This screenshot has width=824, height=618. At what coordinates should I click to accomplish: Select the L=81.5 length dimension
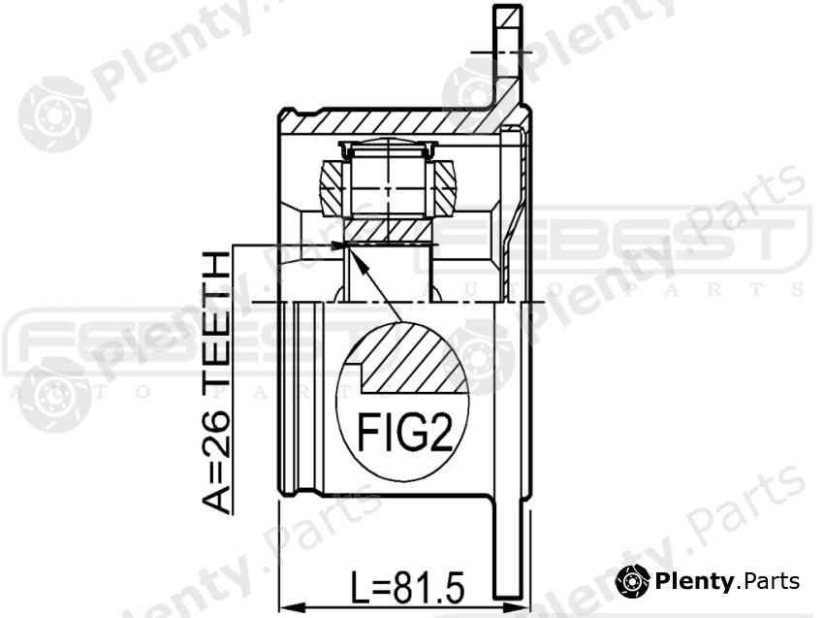pos(407,585)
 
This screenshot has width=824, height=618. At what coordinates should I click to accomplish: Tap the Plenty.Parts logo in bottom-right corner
pos(709,580)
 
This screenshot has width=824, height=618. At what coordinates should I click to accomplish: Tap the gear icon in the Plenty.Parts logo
pos(632,580)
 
